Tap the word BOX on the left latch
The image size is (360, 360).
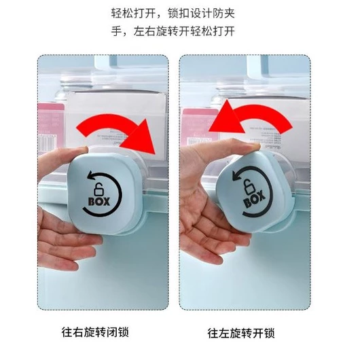click(99, 201)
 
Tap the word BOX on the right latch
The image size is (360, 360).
click(255, 200)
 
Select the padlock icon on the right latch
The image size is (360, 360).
click(249, 186)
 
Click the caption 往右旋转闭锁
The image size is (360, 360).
click(95, 331)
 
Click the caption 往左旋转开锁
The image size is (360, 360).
click(241, 333)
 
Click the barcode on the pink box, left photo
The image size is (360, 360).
click(47, 143)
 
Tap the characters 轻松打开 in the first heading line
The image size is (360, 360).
click(133, 13)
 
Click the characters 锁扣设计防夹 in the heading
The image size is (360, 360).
click(201, 13)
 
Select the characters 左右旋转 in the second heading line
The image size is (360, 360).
click(156, 31)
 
